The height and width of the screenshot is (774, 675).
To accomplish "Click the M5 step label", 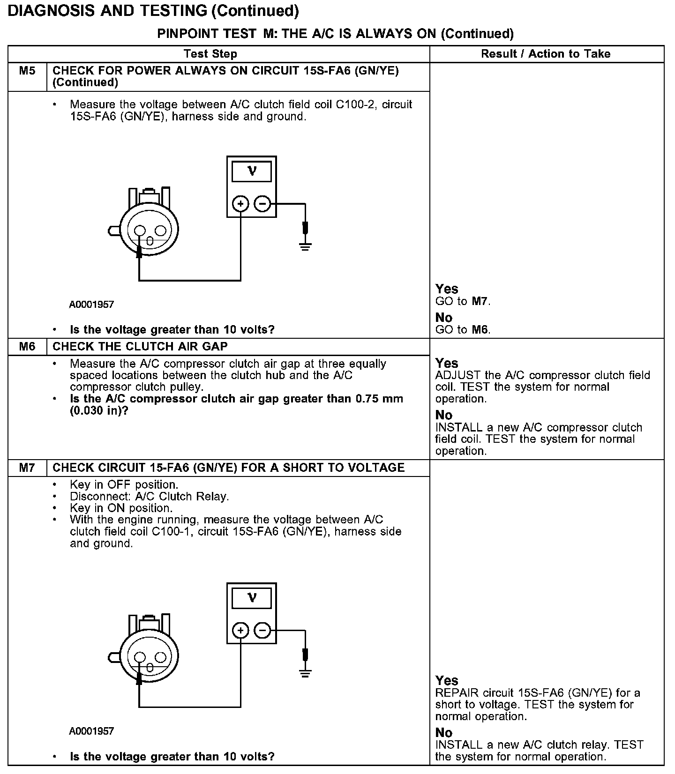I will tap(27, 71).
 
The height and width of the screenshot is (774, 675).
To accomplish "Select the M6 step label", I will tap(27, 347).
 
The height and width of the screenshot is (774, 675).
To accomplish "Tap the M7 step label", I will tap(27, 468).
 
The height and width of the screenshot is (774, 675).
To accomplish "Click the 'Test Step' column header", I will tap(210, 54).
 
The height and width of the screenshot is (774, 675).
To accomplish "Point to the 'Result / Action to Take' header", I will tap(546, 54).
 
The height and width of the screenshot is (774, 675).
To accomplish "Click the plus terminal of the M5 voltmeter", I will tap(240, 204).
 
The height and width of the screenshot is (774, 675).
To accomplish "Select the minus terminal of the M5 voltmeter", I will tap(262, 204).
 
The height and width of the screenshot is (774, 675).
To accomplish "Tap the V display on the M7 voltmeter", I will tap(252, 598).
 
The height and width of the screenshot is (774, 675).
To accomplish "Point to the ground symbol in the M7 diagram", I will tap(305, 673).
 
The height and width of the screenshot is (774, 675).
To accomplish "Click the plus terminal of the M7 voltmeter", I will tap(240, 631).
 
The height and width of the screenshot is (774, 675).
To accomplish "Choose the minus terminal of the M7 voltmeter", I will tap(262, 631).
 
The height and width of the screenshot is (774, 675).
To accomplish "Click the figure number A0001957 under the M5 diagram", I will tap(92, 305).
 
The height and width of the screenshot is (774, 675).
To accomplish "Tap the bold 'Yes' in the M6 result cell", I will tap(447, 363).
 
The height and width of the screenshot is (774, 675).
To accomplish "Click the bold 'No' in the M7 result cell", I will tap(444, 733).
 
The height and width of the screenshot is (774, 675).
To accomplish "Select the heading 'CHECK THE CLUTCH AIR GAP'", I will tap(140, 347).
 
